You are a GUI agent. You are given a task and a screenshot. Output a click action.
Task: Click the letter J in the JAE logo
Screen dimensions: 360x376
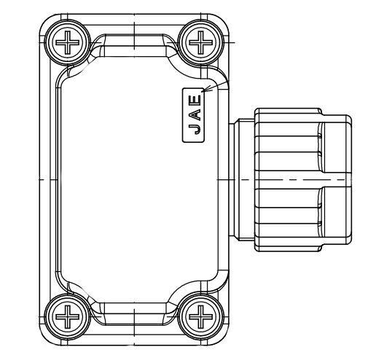(194, 130)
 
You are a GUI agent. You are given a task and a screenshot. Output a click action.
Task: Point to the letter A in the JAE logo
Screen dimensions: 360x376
(194, 114)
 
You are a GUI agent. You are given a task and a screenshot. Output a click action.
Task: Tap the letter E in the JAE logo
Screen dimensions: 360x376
(194, 99)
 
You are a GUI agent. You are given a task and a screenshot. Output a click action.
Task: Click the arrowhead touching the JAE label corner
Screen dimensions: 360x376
(207, 90)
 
